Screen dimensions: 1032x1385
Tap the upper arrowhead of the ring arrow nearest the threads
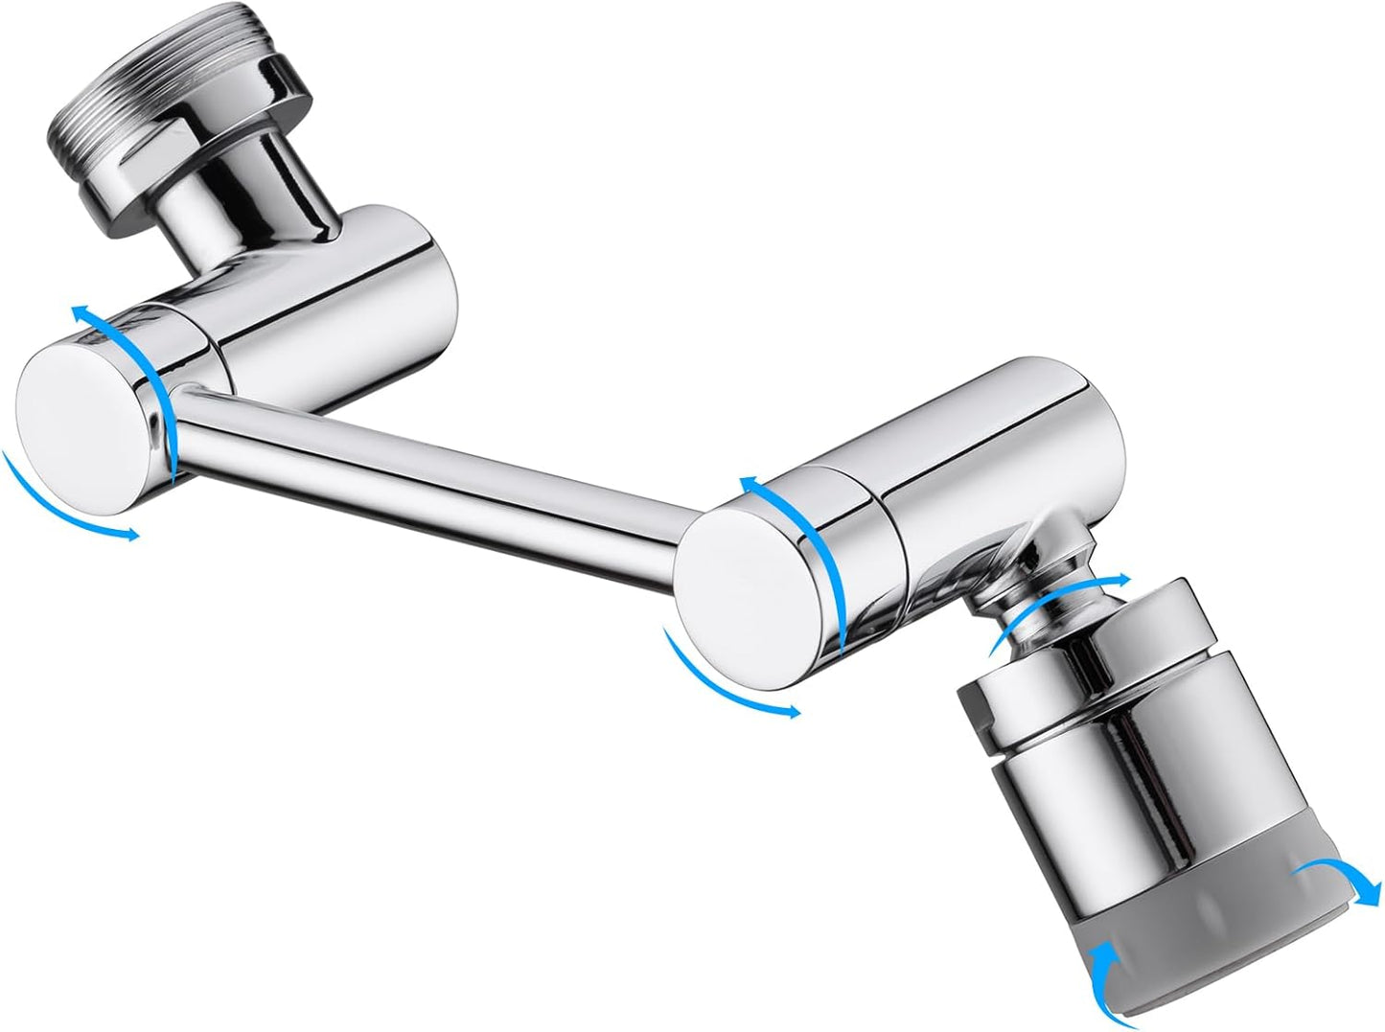(81, 311)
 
